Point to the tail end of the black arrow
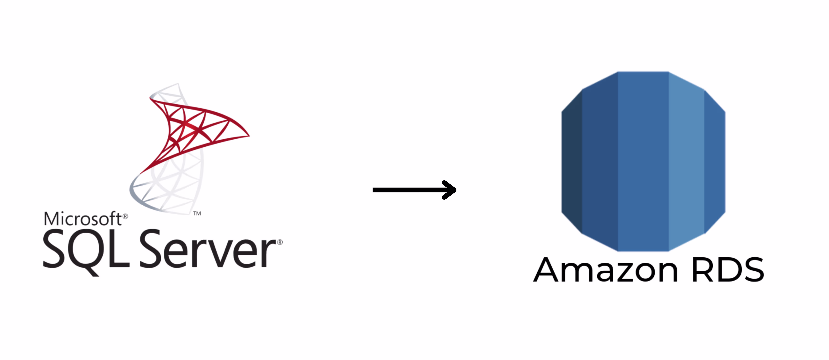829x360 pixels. (373, 190)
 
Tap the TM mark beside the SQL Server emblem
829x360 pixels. (197, 213)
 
